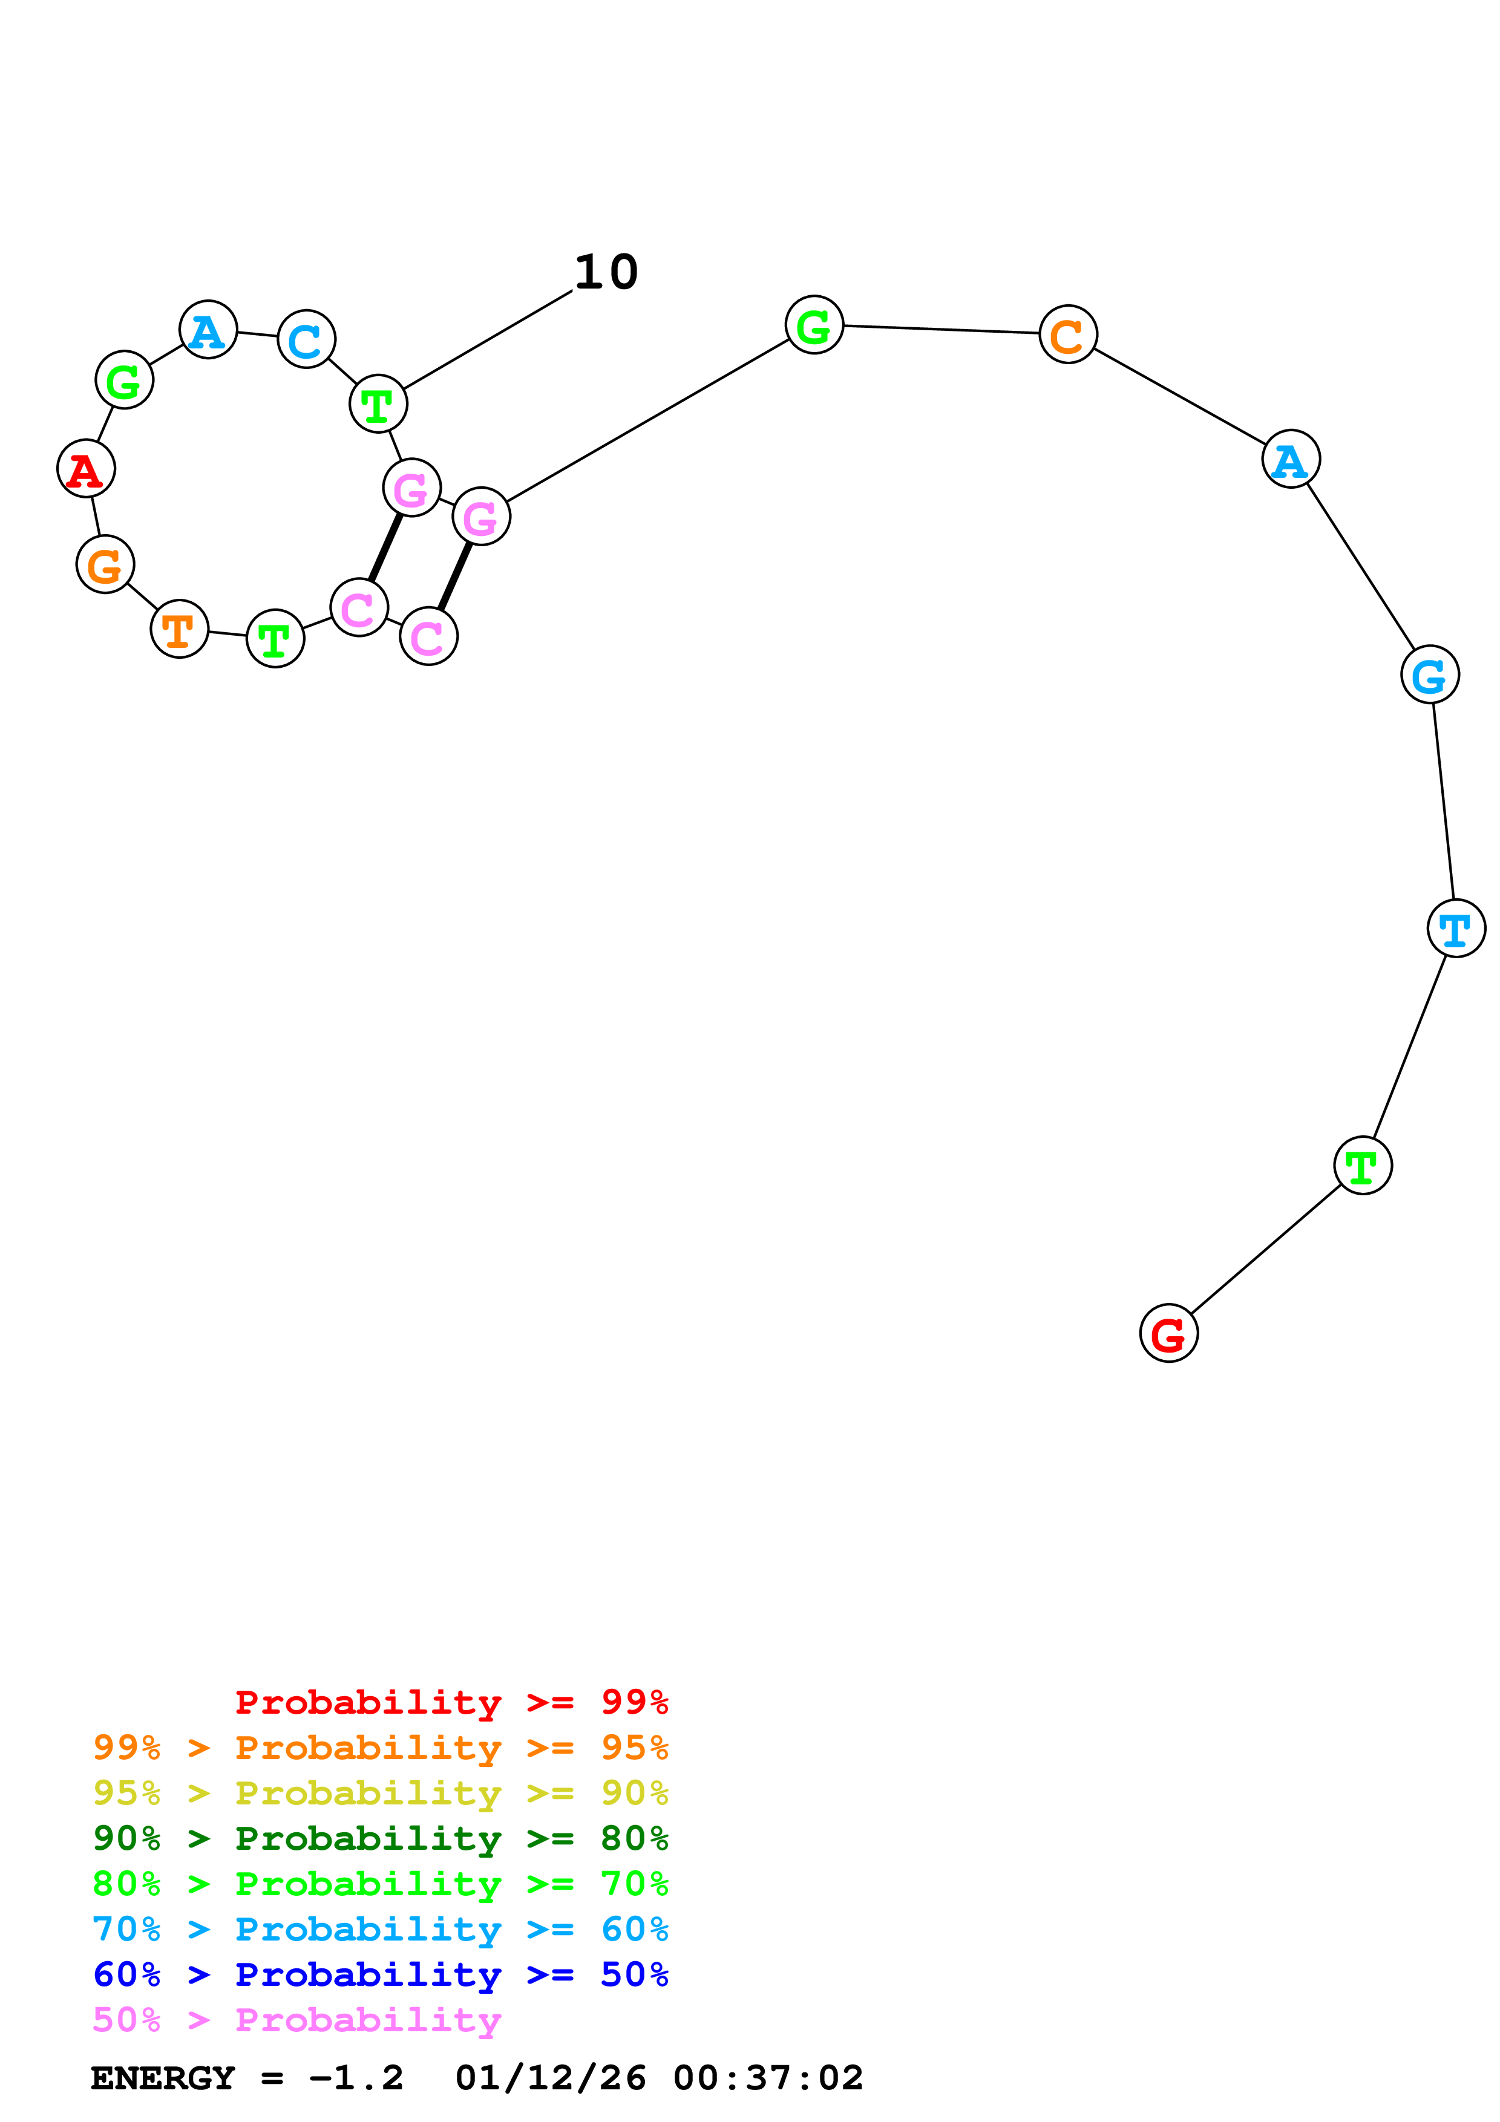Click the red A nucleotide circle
coord(86,469)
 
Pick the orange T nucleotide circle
coord(179,628)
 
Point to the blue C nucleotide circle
coord(306,339)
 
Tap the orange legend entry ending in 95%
coord(381,1748)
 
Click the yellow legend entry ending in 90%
coord(381,1793)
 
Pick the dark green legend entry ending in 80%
coord(381,1838)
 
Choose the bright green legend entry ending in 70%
coord(381,1884)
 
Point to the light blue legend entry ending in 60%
coord(381,1929)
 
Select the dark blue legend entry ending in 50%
coord(381,1974)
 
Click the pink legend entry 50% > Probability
coord(296,2019)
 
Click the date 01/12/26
coord(550,2078)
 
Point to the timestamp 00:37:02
coord(768,2078)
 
